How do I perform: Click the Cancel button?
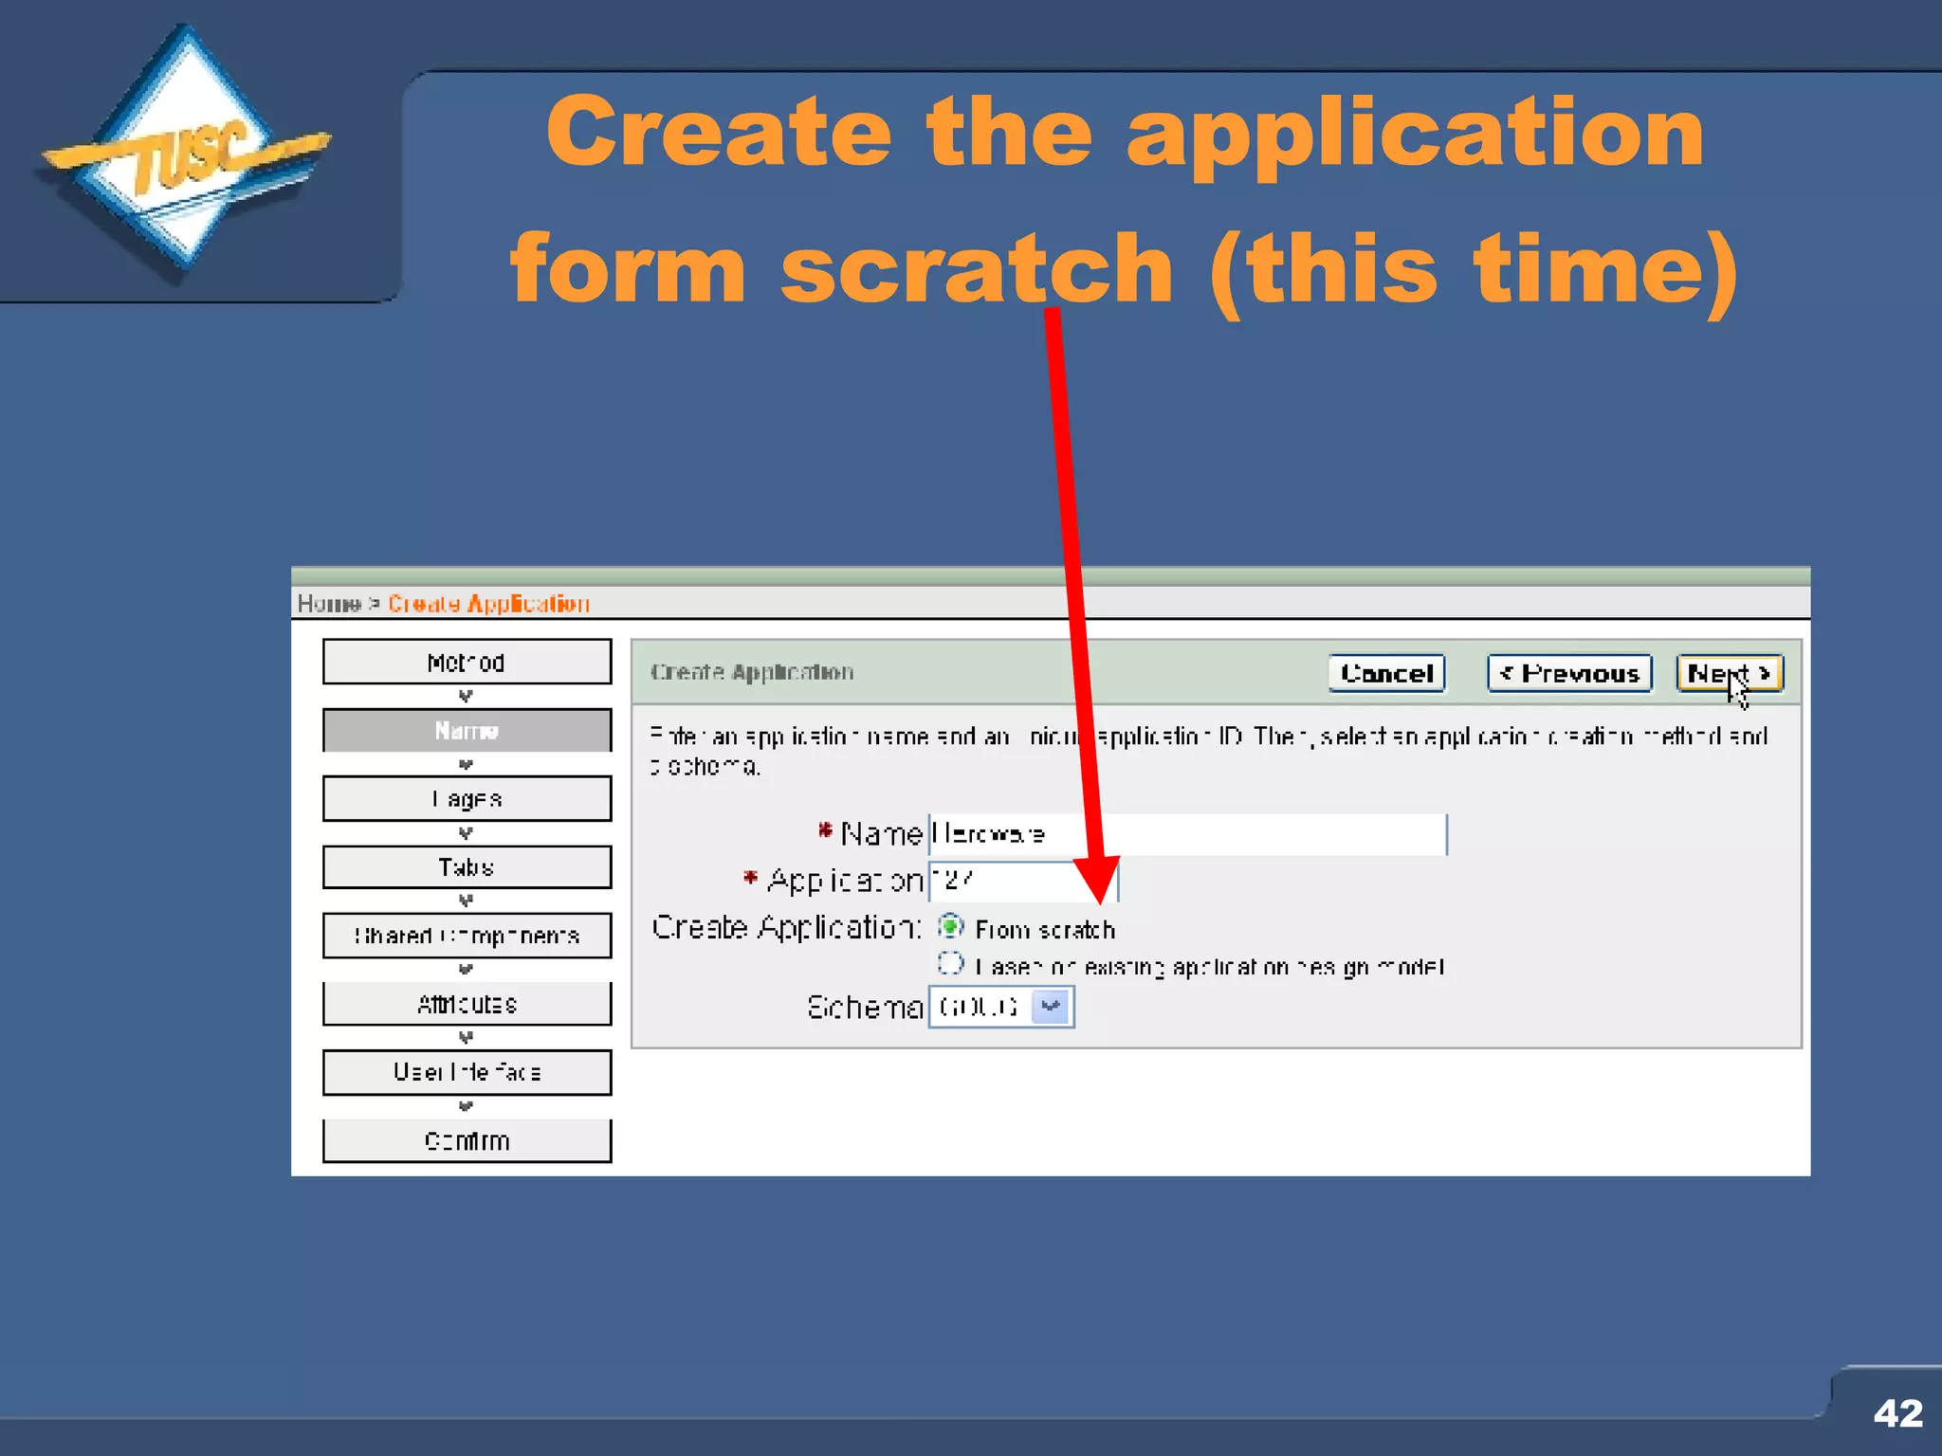(1386, 674)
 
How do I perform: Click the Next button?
(1728, 674)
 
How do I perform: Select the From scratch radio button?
(950, 926)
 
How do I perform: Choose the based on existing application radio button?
(950, 964)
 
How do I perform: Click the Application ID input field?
(1022, 882)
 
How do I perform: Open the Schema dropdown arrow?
(1051, 1007)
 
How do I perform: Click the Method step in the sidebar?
(467, 662)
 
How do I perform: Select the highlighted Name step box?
(467, 731)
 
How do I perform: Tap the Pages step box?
(467, 799)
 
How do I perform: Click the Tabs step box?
(467, 867)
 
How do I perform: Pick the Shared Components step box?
(467, 936)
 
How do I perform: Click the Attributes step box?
(467, 1004)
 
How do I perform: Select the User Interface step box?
(467, 1072)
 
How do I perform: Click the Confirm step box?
(467, 1140)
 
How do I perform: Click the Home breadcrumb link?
(328, 604)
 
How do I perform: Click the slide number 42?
(1897, 1413)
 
